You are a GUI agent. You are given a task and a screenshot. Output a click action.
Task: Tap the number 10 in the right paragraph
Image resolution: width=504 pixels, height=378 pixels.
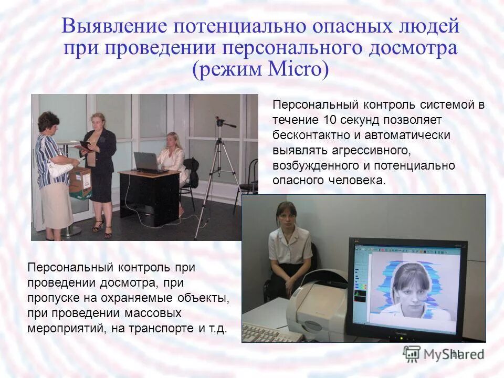pyautogui.click(x=330, y=120)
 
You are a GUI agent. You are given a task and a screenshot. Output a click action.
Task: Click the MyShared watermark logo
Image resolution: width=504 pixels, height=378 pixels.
pyautogui.click(x=444, y=353)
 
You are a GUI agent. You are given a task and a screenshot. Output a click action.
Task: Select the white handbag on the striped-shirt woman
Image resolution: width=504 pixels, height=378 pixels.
pyautogui.click(x=59, y=167)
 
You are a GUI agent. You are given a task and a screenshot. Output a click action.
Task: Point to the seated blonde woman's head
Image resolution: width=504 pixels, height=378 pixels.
pyautogui.click(x=172, y=140)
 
